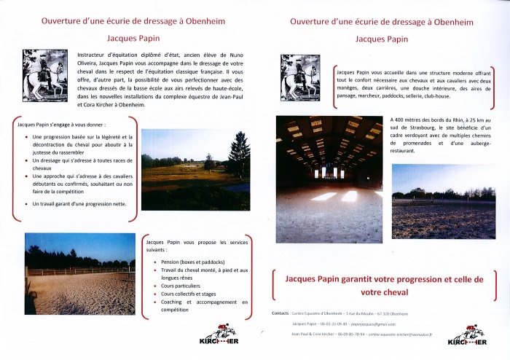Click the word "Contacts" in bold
[280, 313]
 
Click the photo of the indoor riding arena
[329, 179]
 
